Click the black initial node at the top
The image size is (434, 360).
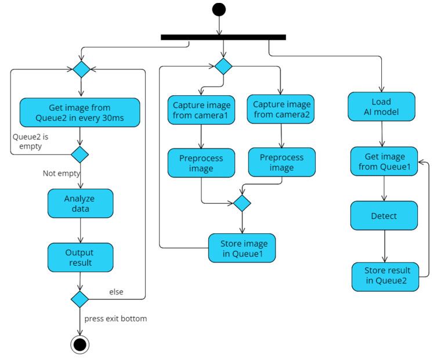(x=219, y=9)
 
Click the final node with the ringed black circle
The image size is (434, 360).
(x=79, y=344)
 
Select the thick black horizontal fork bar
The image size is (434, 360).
(x=223, y=37)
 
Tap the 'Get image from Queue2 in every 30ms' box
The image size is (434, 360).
(x=80, y=113)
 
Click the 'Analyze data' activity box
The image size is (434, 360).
(x=80, y=203)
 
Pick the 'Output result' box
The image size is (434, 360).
(x=80, y=258)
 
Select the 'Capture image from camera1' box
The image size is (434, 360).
(x=201, y=110)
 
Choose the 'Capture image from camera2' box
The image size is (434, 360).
(x=281, y=109)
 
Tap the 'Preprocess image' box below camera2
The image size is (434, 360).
(x=281, y=162)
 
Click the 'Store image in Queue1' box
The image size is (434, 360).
(x=242, y=248)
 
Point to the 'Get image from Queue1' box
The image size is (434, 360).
(x=384, y=161)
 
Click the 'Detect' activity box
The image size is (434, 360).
(x=384, y=216)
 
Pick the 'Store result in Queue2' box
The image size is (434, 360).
(x=385, y=276)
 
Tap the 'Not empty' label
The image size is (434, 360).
(x=62, y=173)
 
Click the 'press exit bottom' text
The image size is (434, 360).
(x=115, y=319)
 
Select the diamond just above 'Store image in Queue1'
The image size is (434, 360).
(x=241, y=203)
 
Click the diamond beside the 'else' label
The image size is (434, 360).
(x=79, y=299)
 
